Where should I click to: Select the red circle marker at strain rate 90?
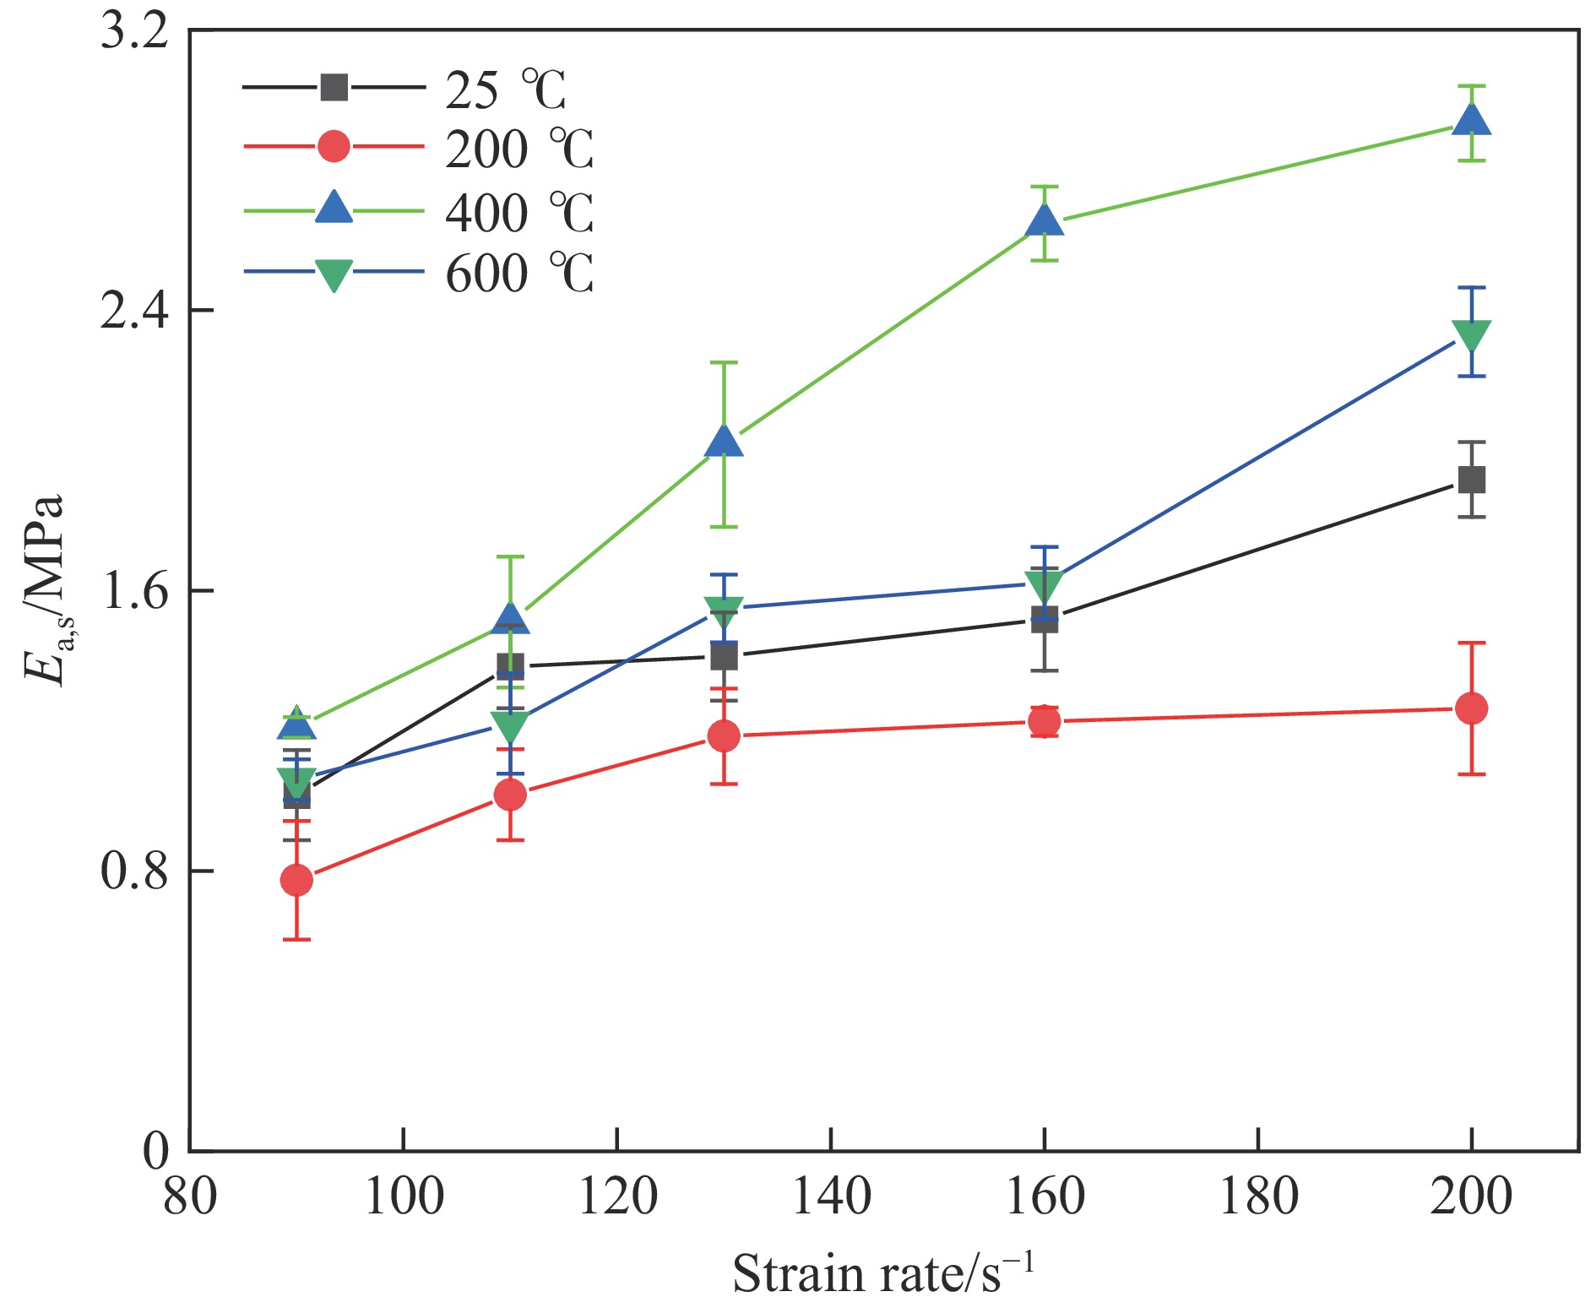click(296, 880)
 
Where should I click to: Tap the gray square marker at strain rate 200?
click(1471, 480)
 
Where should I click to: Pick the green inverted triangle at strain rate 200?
click(1471, 334)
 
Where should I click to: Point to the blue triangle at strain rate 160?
click(1045, 222)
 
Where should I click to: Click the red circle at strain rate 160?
click(1045, 721)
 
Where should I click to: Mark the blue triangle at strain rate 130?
click(724, 441)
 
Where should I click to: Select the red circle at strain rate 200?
click(1471, 708)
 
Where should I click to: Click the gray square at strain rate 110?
click(510, 666)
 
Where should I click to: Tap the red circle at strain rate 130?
click(724, 735)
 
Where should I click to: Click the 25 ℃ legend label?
click(505, 90)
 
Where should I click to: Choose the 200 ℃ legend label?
click(518, 149)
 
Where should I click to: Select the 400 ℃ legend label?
click(518, 212)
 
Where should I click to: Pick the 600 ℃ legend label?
click(518, 274)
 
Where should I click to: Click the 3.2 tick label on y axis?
click(133, 32)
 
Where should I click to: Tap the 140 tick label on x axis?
click(831, 1196)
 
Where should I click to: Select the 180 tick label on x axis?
click(1258, 1196)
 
